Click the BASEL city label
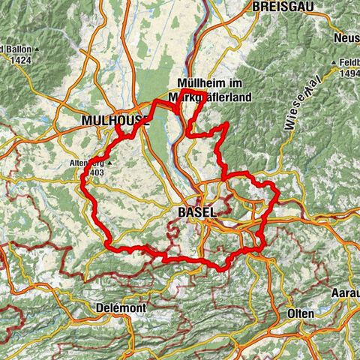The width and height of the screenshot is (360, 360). (197, 212)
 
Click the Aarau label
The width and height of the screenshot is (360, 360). (345, 292)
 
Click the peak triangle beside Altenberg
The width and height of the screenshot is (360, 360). (109, 163)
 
